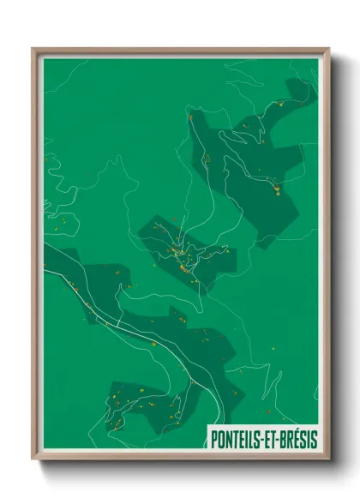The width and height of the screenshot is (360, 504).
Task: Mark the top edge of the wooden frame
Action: [180, 50]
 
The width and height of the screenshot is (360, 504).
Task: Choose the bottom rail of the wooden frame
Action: [180, 459]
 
